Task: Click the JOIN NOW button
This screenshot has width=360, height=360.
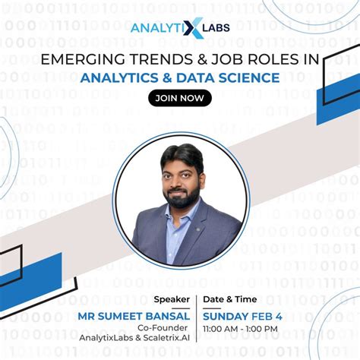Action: pyautogui.click(x=179, y=98)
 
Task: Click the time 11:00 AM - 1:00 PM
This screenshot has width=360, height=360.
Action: pyautogui.click(x=240, y=328)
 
